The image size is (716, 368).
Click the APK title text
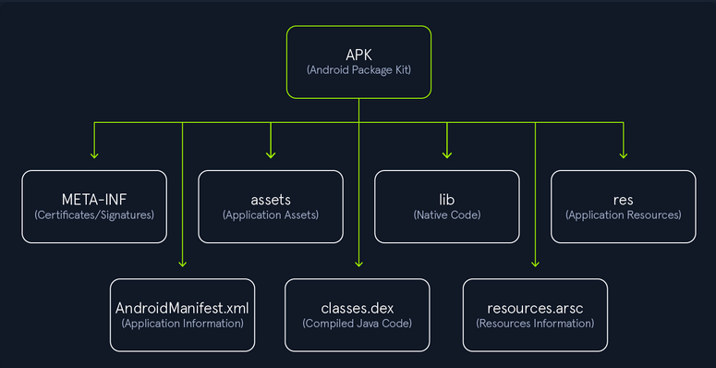point(358,53)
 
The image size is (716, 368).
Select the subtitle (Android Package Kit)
point(358,70)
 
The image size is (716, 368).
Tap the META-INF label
point(94,198)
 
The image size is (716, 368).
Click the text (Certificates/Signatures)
point(94,215)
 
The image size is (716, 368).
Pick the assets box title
point(271,198)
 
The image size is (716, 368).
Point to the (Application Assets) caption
point(271,215)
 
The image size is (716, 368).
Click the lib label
point(447,198)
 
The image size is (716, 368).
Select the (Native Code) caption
point(447,215)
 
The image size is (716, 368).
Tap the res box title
point(623,198)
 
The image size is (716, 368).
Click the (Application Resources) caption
point(623,215)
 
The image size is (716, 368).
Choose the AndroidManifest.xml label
point(182,306)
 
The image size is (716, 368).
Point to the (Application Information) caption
point(182,324)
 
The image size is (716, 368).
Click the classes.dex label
point(358,306)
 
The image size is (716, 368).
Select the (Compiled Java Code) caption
point(358,324)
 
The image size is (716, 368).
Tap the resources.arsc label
point(535,306)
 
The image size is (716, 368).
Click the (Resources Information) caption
point(535,324)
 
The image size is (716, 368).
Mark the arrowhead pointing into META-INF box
point(94,154)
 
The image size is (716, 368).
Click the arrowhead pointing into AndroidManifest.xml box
point(182,264)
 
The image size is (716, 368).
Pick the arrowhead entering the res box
point(623,154)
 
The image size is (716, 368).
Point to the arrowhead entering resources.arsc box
point(535,264)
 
